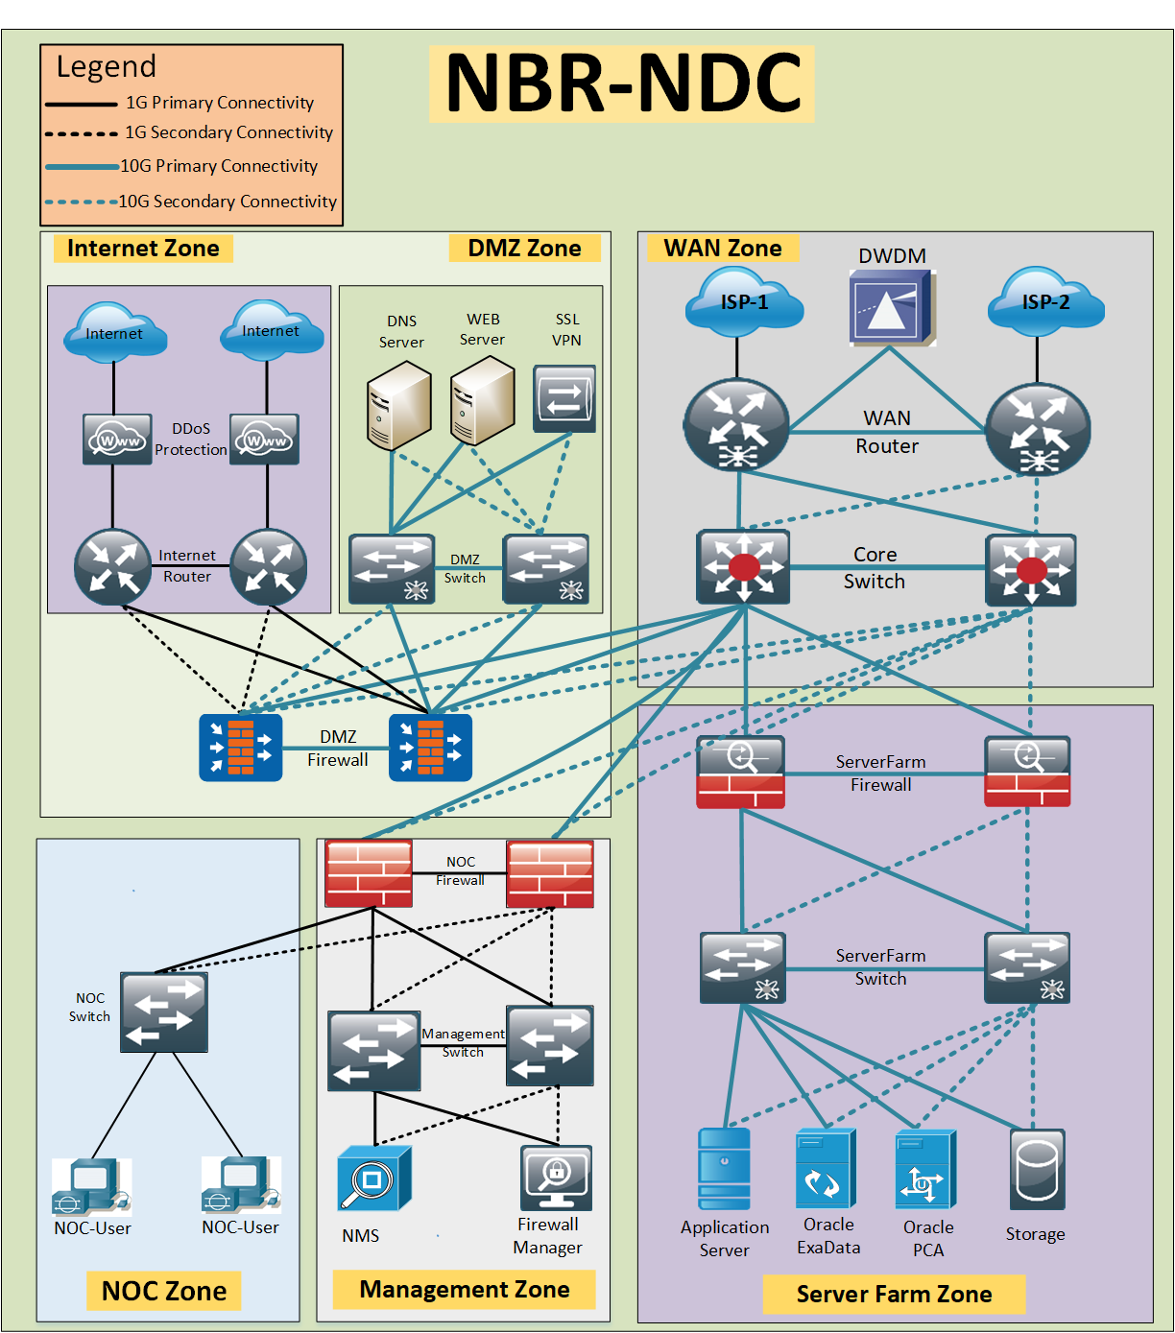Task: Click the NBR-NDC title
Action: tap(623, 83)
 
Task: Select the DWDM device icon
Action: tap(892, 307)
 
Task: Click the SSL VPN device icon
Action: tap(564, 398)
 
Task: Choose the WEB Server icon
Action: tap(483, 401)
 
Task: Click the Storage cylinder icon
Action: tap(1037, 1169)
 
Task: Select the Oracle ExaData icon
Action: tap(826, 1169)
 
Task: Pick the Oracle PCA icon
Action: tap(925, 1169)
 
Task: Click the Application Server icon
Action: tap(724, 1169)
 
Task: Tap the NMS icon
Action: tap(374, 1178)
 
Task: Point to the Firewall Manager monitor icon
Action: tap(556, 1178)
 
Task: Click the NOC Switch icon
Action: tap(164, 1012)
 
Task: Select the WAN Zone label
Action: tap(723, 248)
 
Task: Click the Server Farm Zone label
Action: tap(894, 1294)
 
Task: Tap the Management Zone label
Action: tap(464, 1289)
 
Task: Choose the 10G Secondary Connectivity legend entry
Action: tap(191, 202)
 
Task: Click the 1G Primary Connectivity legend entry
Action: tap(180, 103)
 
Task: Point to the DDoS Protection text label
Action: tap(191, 439)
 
